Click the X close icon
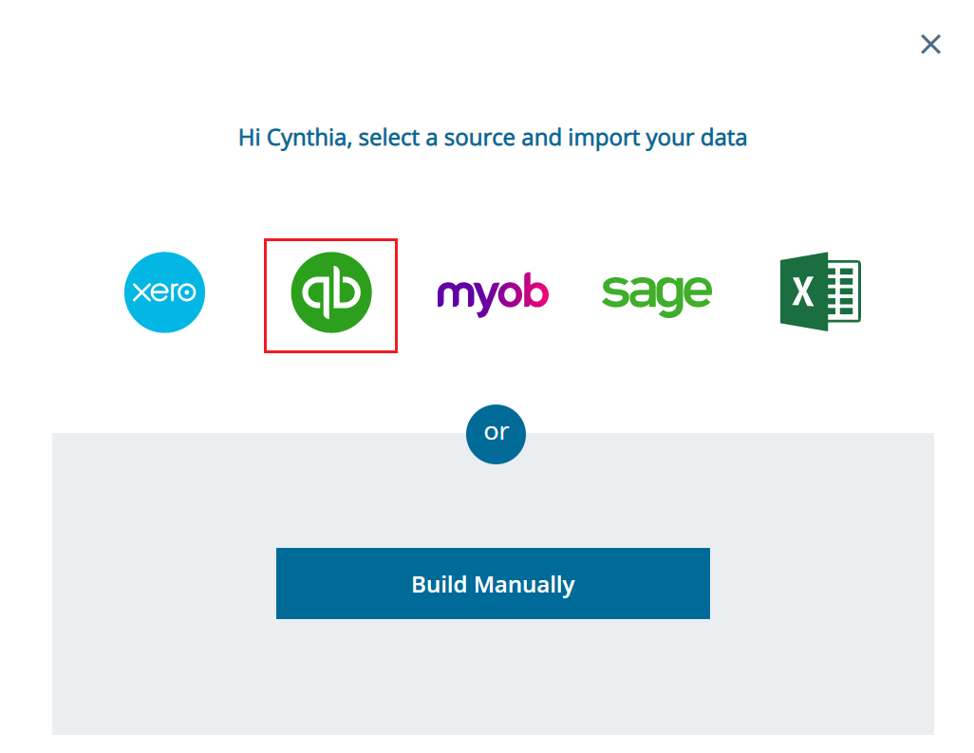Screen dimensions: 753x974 930,45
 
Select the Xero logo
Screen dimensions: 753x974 164,292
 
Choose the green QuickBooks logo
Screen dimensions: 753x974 330,293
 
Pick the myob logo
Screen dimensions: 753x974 493,294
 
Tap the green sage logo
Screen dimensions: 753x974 656,293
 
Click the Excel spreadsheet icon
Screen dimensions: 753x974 820,292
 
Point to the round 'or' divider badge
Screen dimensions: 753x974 496,433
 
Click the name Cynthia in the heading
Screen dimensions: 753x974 309,138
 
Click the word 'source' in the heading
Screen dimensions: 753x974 479,138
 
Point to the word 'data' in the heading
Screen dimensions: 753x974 723,138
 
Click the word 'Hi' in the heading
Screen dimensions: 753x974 249,138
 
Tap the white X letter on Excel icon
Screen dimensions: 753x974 802,292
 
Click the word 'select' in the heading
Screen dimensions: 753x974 388,138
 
